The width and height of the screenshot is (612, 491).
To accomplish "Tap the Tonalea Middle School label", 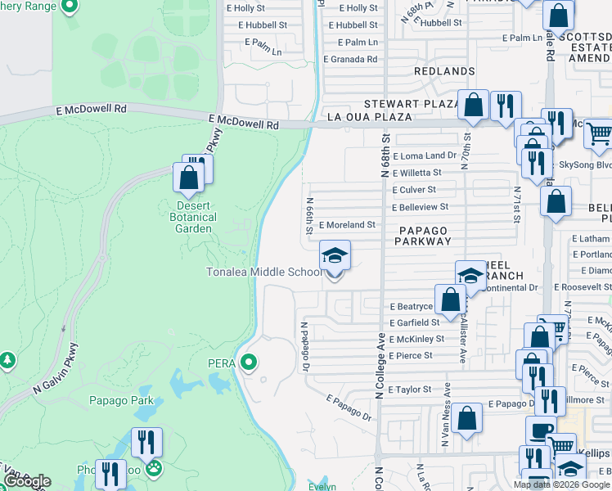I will click(263, 272).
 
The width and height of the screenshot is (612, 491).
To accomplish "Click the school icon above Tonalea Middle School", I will click(334, 255).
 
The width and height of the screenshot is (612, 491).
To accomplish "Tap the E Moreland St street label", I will click(347, 224).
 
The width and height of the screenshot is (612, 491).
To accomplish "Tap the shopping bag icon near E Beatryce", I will click(450, 299).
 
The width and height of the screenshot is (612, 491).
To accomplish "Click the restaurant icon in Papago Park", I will click(147, 443).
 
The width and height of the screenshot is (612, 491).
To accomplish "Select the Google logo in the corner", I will click(27, 481).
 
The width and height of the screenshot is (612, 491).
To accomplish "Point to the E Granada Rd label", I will click(350, 59).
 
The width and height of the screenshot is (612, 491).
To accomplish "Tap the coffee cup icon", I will click(539, 430).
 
